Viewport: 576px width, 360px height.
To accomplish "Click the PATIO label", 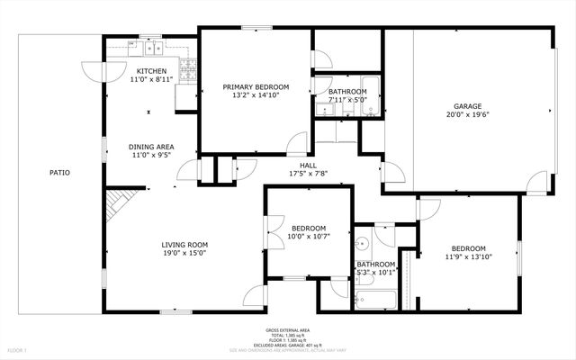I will (x=59, y=172).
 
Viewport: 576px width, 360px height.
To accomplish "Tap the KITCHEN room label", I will (x=151, y=72).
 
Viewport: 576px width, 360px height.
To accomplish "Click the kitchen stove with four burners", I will (x=189, y=67).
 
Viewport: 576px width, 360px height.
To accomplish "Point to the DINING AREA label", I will (x=151, y=147).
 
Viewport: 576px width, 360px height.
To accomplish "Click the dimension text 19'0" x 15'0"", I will (x=184, y=254).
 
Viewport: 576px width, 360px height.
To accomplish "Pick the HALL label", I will (x=308, y=166).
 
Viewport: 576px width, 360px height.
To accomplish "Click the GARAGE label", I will (x=468, y=106).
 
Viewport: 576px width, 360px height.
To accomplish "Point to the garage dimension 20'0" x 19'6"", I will (x=468, y=114).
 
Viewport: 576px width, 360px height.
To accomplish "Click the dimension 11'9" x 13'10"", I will (x=468, y=257).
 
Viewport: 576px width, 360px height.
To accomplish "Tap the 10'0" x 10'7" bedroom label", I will (x=307, y=229).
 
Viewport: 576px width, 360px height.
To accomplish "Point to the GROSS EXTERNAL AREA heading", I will (x=288, y=329).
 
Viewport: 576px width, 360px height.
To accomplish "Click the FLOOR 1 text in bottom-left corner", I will (x=17, y=349).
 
